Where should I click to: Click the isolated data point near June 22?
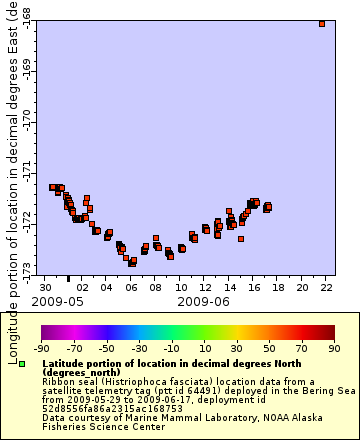tap(321, 24)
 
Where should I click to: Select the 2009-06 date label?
tap(204, 300)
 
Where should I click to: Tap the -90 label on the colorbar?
tap(42, 349)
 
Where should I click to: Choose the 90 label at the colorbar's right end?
tap(333, 349)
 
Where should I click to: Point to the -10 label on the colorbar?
tap(171, 349)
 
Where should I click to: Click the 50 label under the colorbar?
tap(269, 349)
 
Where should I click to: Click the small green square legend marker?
tap(22, 364)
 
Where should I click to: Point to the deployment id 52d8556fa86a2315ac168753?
tap(108, 408)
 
